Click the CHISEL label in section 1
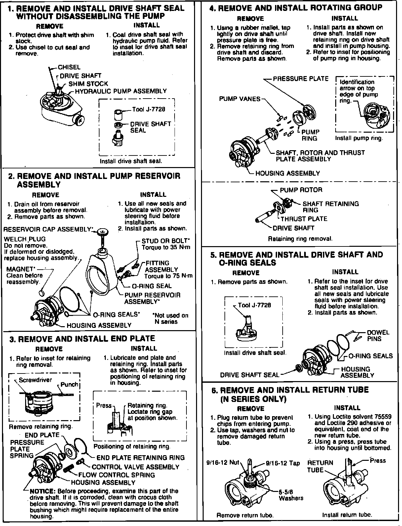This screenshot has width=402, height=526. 69,67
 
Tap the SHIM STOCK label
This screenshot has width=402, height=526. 88,84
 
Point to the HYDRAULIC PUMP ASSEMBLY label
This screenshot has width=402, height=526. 121,91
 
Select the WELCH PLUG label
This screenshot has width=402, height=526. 25,239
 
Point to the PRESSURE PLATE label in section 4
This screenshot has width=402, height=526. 301,79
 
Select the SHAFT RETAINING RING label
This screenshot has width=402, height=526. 331,207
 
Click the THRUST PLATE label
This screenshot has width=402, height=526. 304,219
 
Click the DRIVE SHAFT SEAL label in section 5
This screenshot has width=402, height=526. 250,375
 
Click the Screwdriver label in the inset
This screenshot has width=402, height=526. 35,380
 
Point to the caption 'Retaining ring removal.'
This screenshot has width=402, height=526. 300,239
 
